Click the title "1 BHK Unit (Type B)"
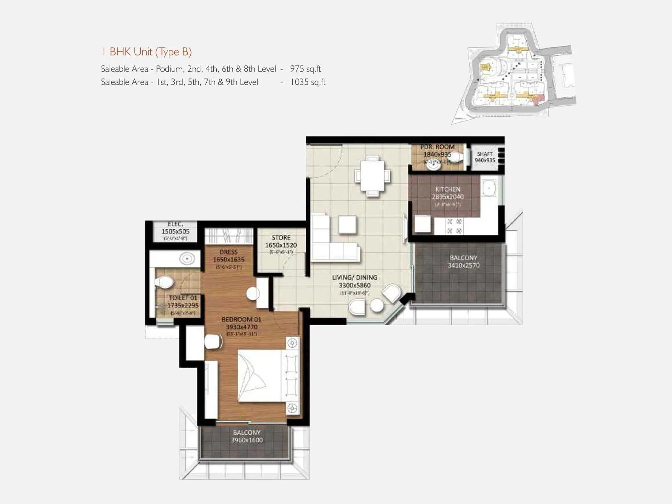pos(146,52)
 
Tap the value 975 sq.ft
pos(305,69)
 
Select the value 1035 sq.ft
pos(308,82)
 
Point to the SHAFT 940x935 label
pos(485,157)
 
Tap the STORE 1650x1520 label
pos(281,241)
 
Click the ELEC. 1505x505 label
pos(175,228)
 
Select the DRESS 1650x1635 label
pos(228,256)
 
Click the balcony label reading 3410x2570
pos(464,262)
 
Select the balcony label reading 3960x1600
pos(247,436)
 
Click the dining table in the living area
pos(372,176)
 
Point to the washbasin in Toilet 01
pos(187,258)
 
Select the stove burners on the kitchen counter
pos(454,226)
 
